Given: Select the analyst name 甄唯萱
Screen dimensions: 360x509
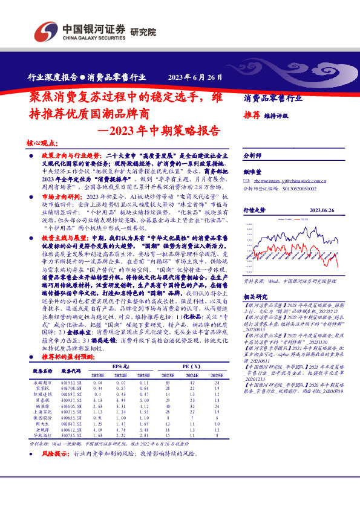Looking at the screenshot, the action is (252, 172).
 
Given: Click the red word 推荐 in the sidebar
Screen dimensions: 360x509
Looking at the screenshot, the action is (252, 114).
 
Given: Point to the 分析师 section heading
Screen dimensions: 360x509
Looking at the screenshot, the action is (252, 155).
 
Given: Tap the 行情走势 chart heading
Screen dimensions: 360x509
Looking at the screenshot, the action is (254, 210).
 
